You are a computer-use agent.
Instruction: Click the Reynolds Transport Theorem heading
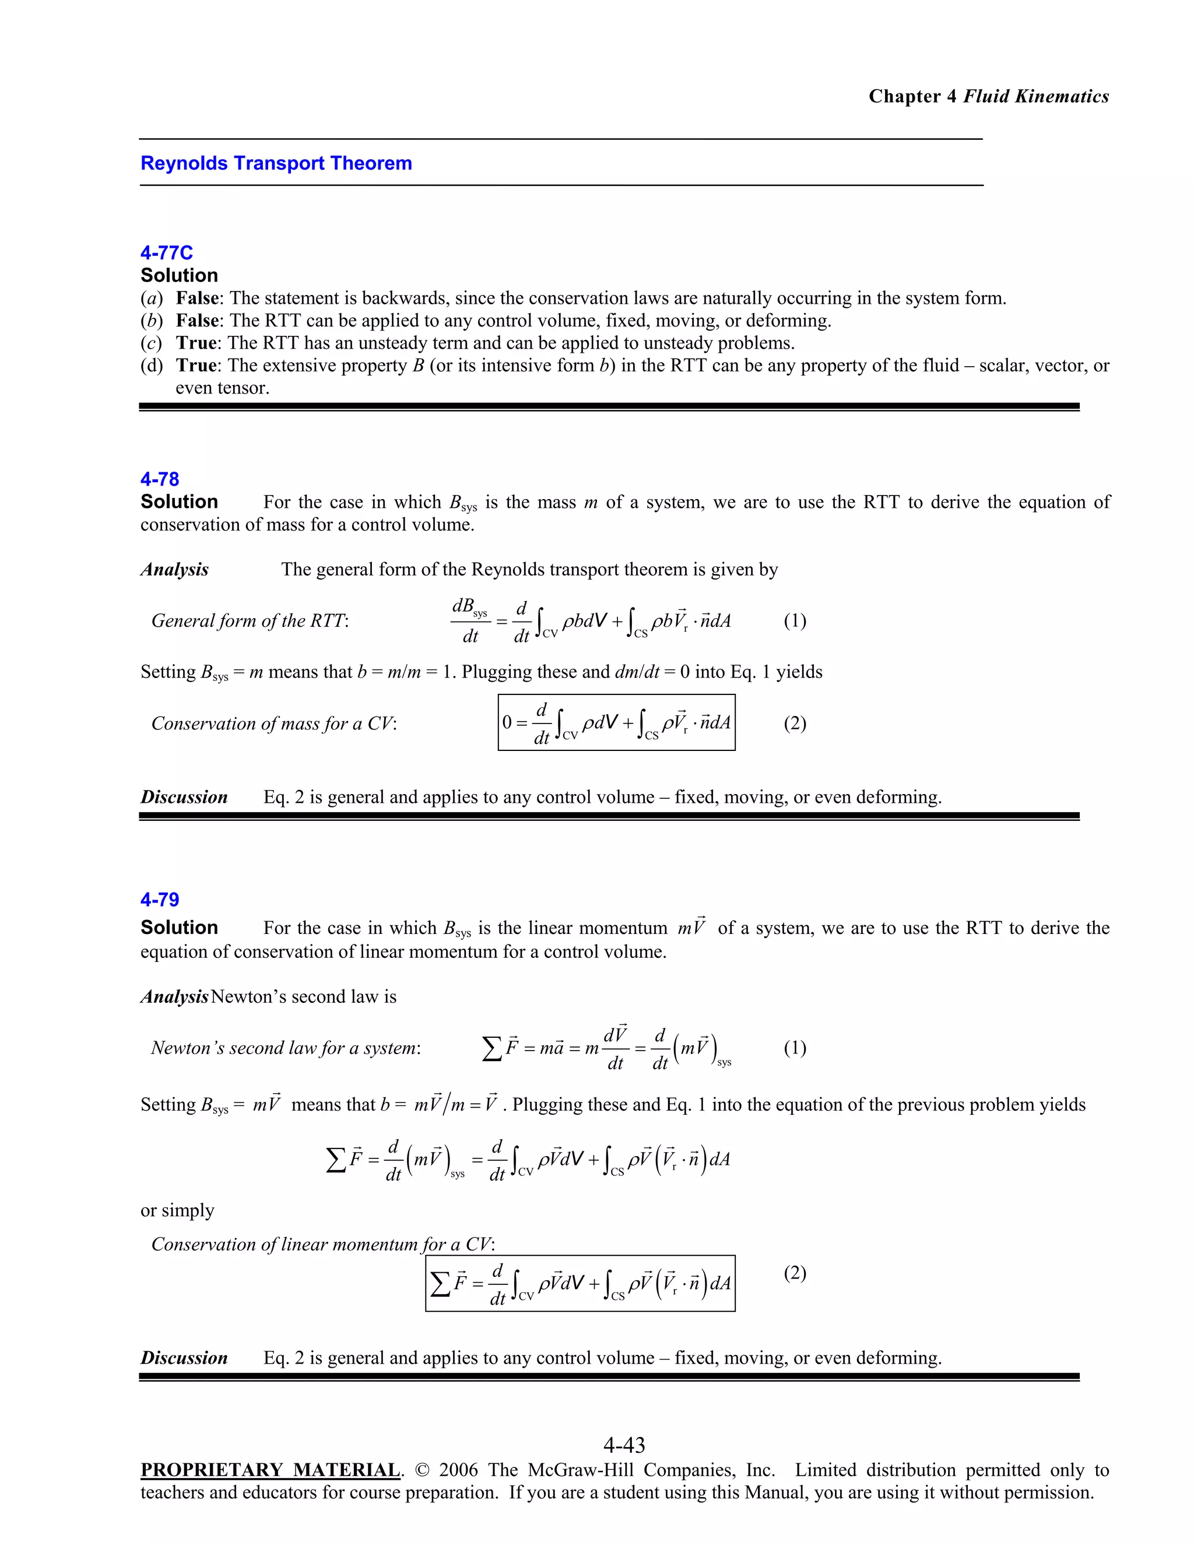coord(276,163)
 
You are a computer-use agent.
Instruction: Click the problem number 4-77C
coord(166,252)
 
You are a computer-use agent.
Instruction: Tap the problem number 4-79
coord(160,899)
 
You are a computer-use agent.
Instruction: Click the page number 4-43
coord(624,1445)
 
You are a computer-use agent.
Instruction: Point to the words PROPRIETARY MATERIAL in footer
coord(270,1470)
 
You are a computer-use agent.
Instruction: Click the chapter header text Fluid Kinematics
coord(1035,96)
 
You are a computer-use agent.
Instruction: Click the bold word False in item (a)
coord(199,298)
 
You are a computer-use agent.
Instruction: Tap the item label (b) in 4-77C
coord(150,321)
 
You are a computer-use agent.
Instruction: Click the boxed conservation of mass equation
coord(616,722)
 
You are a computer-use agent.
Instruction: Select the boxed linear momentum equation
coord(580,1283)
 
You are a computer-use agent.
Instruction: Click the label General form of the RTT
coord(250,620)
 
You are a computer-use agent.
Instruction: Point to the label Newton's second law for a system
coord(286,1048)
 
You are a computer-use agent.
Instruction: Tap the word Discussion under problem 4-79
coord(184,1357)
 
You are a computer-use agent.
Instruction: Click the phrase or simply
coord(177,1210)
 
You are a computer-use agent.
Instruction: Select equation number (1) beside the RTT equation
coord(795,620)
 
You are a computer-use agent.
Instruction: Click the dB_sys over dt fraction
coord(470,620)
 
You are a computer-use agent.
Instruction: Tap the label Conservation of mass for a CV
coord(274,723)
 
